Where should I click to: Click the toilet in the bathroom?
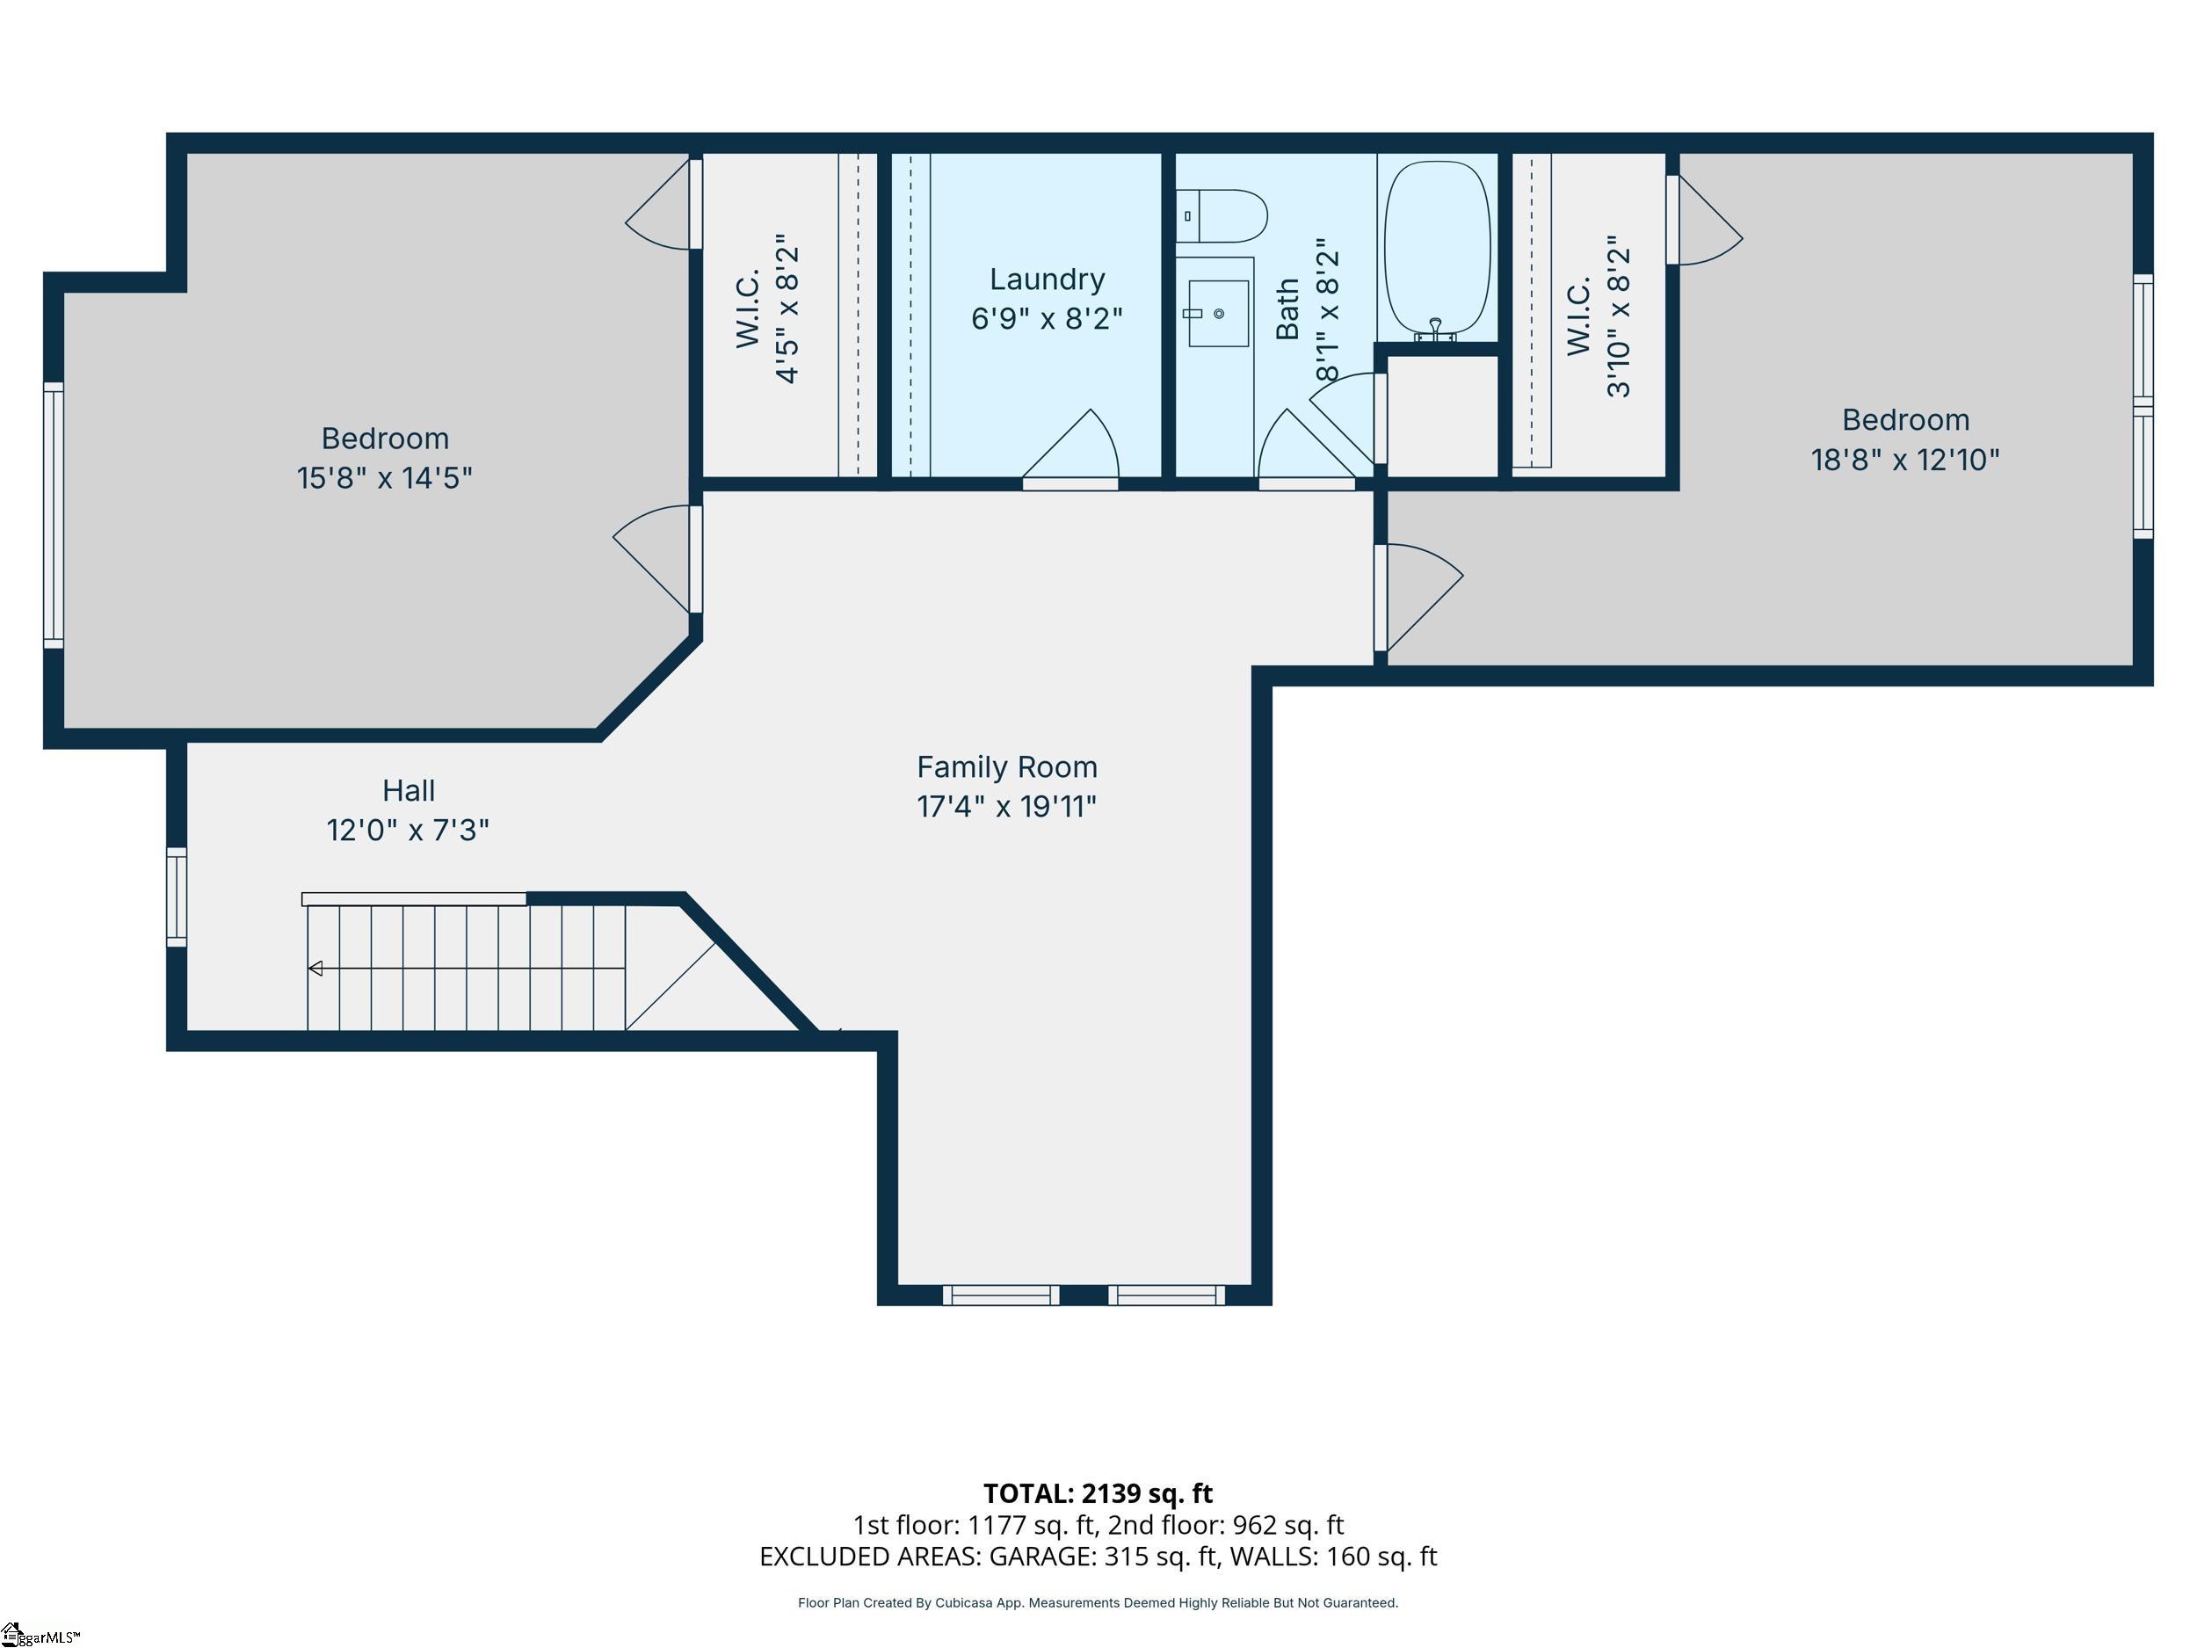coord(1222,216)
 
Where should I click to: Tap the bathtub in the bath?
coord(1437,250)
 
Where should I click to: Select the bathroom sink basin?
coord(1218,314)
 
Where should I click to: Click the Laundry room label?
coord(1047,280)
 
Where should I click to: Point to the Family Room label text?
coord(1006,767)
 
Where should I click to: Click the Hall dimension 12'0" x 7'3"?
coord(409,830)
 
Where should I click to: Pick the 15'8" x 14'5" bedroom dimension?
coord(384,478)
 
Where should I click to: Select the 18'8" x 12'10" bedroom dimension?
coord(1905,460)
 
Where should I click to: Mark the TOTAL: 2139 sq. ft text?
coord(1098,1493)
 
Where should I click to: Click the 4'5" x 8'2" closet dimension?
coord(787,309)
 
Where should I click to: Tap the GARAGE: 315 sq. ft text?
coord(1104,1556)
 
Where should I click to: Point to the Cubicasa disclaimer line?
coord(1098,1602)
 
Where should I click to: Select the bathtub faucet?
coord(1435,330)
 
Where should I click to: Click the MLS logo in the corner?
coord(40,1634)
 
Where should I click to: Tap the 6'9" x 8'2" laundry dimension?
coord(1047,318)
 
